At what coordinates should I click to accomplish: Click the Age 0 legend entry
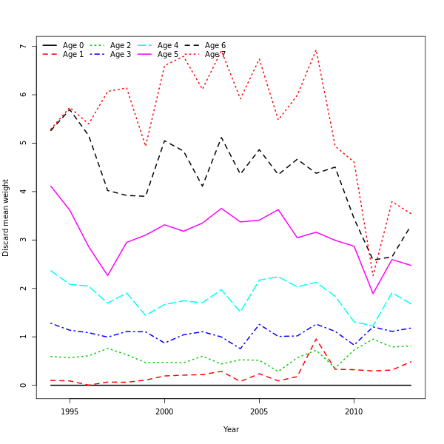pos(73,46)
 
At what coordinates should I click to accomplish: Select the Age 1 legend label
pos(73,55)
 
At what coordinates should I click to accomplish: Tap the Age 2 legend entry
pos(121,46)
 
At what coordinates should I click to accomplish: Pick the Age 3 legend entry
pos(121,55)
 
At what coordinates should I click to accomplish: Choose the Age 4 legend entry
pos(168,46)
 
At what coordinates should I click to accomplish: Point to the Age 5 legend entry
pos(168,55)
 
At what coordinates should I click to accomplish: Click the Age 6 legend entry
pos(215,46)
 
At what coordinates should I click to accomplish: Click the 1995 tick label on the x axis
pos(70,411)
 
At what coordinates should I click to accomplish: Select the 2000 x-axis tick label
pos(164,411)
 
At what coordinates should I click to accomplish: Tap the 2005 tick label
pos(259,411)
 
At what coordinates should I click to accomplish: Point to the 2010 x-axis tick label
pos(354,411)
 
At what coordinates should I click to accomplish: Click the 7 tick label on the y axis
pos(23,47)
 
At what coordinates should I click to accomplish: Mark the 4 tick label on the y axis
pos(23,192)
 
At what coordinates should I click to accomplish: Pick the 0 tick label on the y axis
pos(23,385)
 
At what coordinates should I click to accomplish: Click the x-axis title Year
pos(231,429)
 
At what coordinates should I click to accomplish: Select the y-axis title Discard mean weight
pos(6,218)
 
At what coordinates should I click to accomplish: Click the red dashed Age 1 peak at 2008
pos(316,339)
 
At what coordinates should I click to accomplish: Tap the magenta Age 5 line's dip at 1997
pos(107,276)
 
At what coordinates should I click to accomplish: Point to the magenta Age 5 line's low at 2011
pos(373,294)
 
